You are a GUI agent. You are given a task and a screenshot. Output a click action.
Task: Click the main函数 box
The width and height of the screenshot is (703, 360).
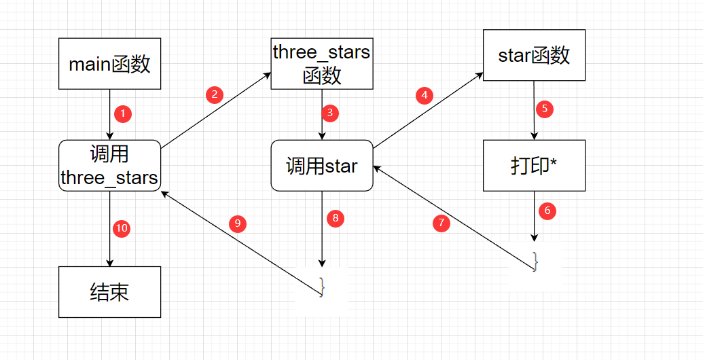pyautogui.click(x=109, y=64)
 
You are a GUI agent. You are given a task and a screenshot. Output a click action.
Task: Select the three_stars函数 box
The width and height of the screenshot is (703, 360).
pyautogui.click(x=322, y=63)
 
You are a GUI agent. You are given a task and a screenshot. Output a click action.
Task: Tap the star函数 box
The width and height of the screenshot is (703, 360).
pyautogui.click(x=534, y=55)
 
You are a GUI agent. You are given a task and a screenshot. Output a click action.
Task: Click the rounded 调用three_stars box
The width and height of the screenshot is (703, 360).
pyautogui.click(x=109, y=166)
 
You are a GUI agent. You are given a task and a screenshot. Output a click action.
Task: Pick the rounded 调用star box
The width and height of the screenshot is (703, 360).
pyautogui.click(x=322, y=166)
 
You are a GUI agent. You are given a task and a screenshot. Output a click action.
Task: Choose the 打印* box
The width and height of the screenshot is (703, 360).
pyautogui.click(x=534, y=166)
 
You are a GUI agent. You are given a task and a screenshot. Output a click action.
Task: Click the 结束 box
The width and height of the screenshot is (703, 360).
pyautogui.click(x=109, y=292)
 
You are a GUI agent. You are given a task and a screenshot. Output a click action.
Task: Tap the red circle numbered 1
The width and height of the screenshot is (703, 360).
pyautogui.click(x=122, y=114)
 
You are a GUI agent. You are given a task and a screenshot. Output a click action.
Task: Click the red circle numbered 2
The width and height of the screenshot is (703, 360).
pyautogui.click(x=215, y=94)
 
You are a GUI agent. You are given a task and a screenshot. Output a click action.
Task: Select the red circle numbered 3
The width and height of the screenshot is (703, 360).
pyautogui.click(x=329, y=113)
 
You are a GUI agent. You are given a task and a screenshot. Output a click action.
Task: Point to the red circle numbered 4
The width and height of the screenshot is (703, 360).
pyautogui.click(x=425, y=95)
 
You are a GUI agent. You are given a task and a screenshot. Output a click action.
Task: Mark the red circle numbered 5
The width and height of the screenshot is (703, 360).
pyautogui.click(x=545, y=108)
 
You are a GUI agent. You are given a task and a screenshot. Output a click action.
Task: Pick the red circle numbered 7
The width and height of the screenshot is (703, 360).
pyautogui.click(x=441, y=222)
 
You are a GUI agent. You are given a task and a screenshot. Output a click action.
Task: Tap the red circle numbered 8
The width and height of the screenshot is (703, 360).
pyautogui.click(x=335, y=218)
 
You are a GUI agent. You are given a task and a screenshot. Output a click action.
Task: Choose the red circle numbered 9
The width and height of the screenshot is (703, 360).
pyautogui.click(x=237, y=222)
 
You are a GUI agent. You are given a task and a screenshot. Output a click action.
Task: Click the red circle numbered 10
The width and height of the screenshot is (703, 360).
pyautogui.click(x=121, y=228)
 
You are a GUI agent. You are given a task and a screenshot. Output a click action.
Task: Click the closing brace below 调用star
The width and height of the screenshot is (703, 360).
pyautogui.click(x=322, y=287)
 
